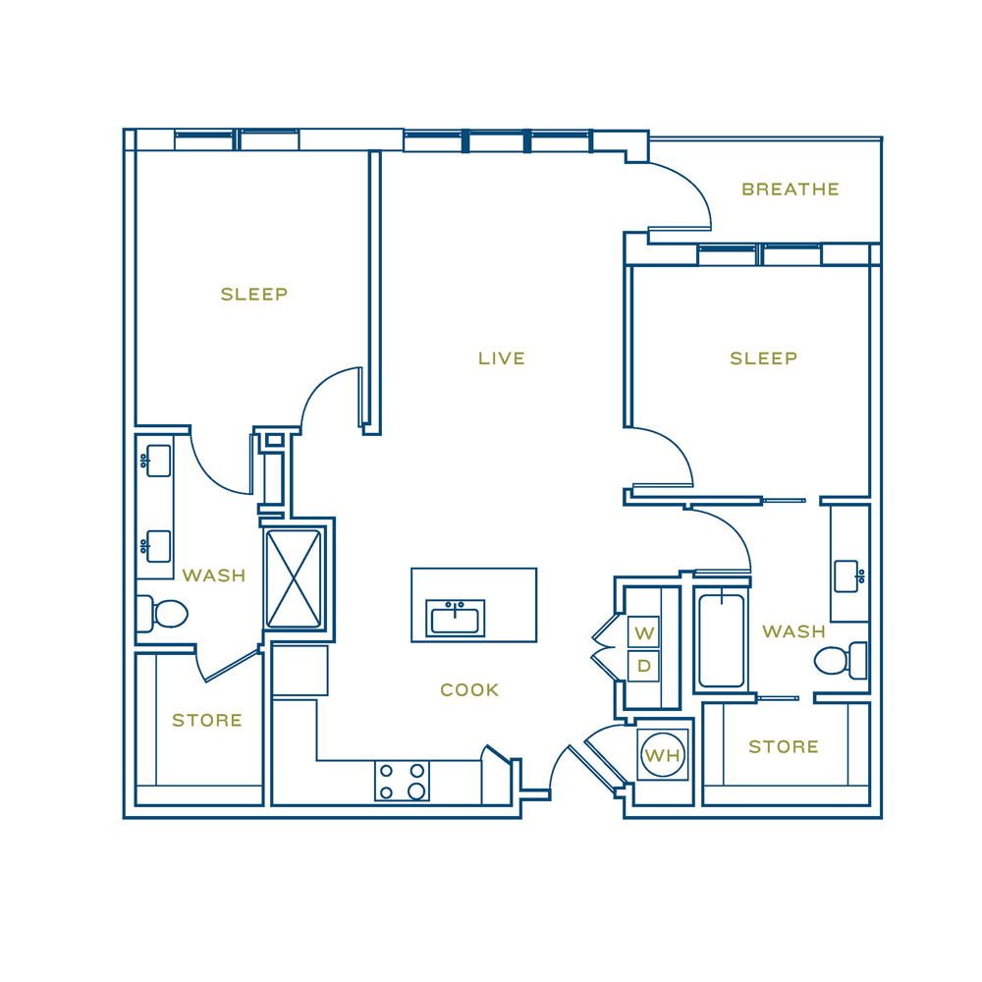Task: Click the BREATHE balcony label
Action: click(x=791, y=190)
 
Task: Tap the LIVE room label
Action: click(x=502, y=358)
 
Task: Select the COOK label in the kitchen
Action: click(x=469, y=689)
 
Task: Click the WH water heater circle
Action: click(x=663, y=754)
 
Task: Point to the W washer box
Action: click(x=644, y=632)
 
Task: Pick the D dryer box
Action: click(x=644, y=666)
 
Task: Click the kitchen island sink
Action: click(x=456, y=618)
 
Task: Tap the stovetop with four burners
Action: click(x=402, y=781)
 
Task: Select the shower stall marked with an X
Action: click(x=294, y=578)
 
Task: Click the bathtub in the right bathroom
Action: click(x=722, y=640)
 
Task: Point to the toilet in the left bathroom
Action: click(x=162, y=614)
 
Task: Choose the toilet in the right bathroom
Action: click(x=841, y=660)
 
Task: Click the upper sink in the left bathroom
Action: click(x=157, y=461)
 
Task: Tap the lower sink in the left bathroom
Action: click(x=157, y=546)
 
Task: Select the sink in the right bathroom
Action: click(x=849, y=576)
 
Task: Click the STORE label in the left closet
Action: click(x=207, y=720)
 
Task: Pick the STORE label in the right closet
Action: click(x=784, y=746)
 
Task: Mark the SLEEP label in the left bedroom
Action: click(x=254, y=294)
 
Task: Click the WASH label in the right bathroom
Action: click(x=794, y=631)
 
